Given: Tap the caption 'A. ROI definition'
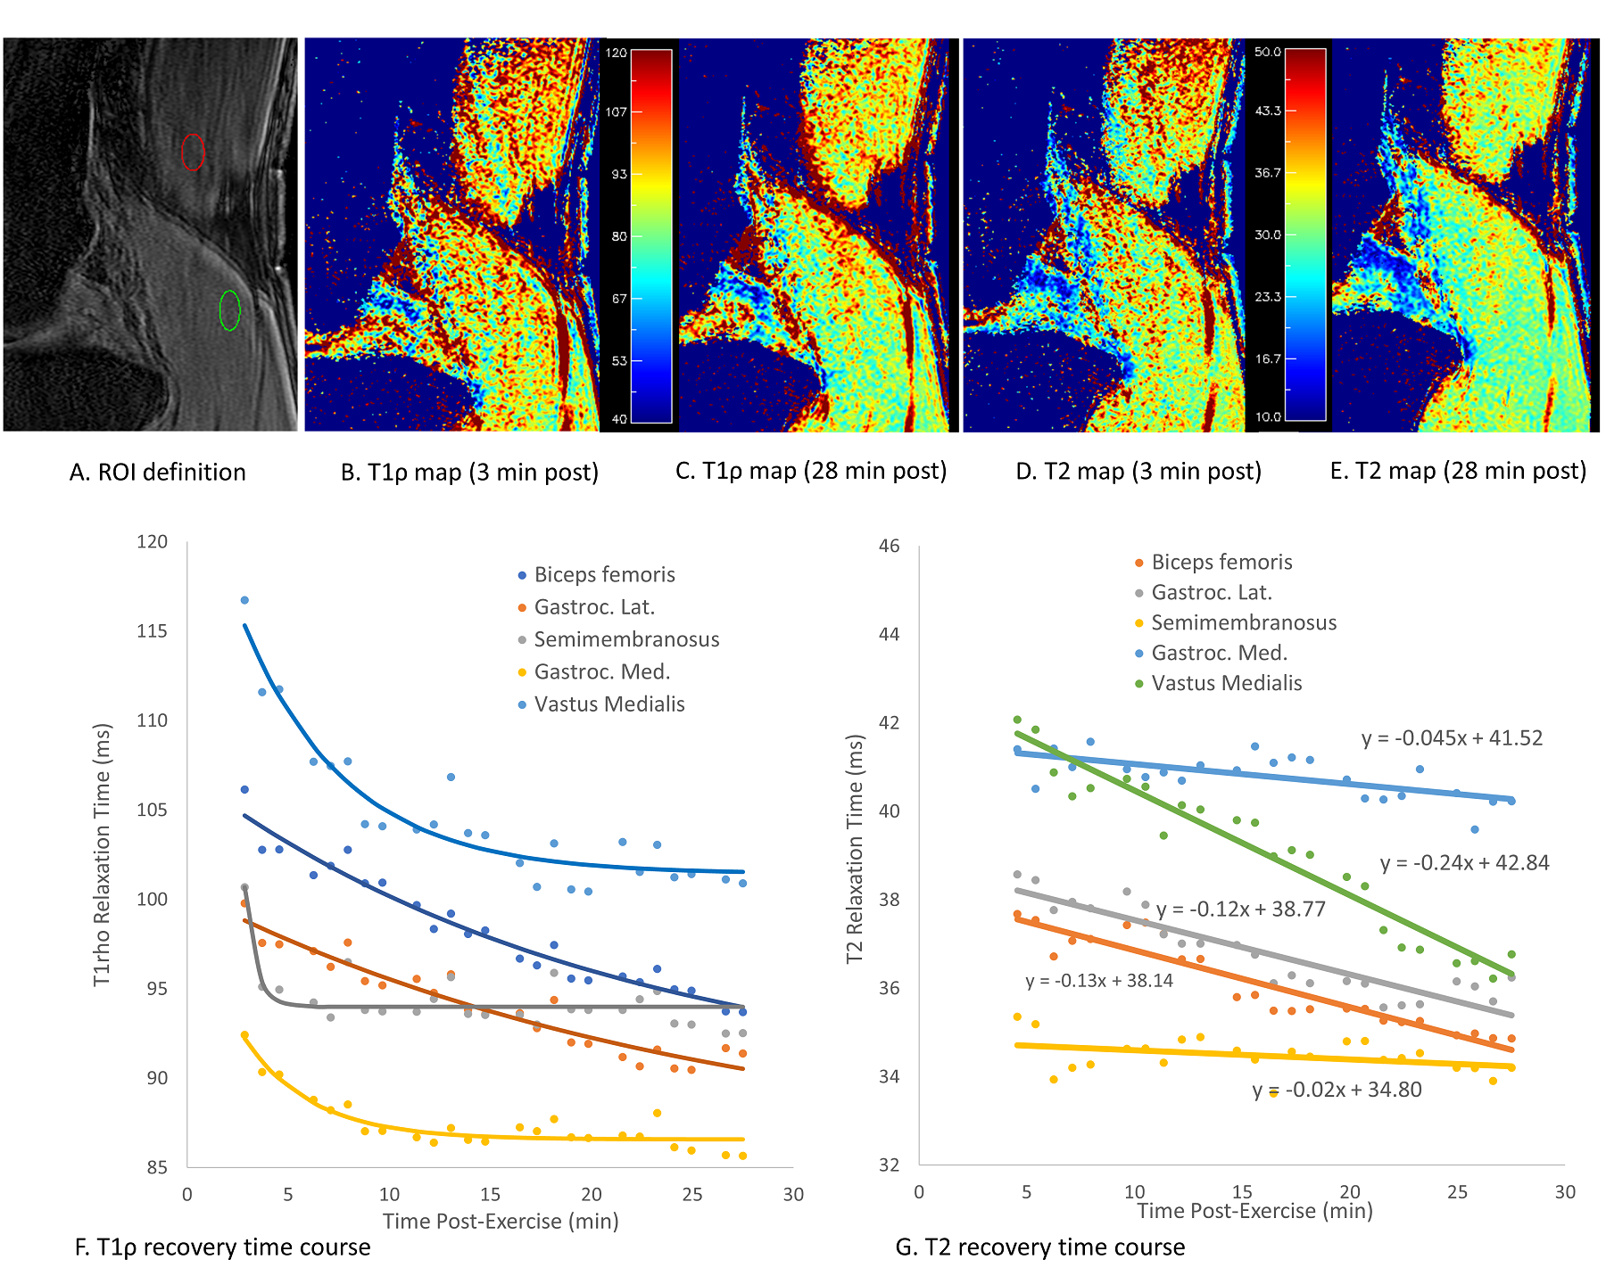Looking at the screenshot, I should (x=158, y=472).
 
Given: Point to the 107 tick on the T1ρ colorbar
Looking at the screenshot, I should (x=617, y=111).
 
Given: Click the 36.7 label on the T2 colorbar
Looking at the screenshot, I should (x=1267, y=173).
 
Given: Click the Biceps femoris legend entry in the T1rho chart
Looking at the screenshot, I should (x=603, y=575).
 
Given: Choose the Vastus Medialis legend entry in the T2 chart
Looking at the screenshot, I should (x=1226, y=683).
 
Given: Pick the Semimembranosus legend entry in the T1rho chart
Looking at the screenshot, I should (x=625, y=639).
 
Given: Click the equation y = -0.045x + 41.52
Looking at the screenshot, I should (x=1452, y=738).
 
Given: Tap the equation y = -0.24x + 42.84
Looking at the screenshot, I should (x=1464, y=863).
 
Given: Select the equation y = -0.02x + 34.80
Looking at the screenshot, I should (x=1337, y=1090).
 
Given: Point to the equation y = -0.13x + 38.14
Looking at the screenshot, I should (x=1099, y=981).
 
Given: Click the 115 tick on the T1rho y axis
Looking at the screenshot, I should (x=153, y=631).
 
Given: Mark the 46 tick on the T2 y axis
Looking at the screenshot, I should (x=889, y=546).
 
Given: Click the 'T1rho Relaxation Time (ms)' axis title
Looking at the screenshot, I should (x=103, y=854).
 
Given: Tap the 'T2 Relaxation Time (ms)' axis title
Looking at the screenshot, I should (x=855, y=849).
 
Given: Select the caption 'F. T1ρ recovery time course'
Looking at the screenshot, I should (x=222, y=1247).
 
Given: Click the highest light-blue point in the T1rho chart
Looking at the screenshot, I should (x=244, y=600).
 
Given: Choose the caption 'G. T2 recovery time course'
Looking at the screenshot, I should (x=1039, y=1247).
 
